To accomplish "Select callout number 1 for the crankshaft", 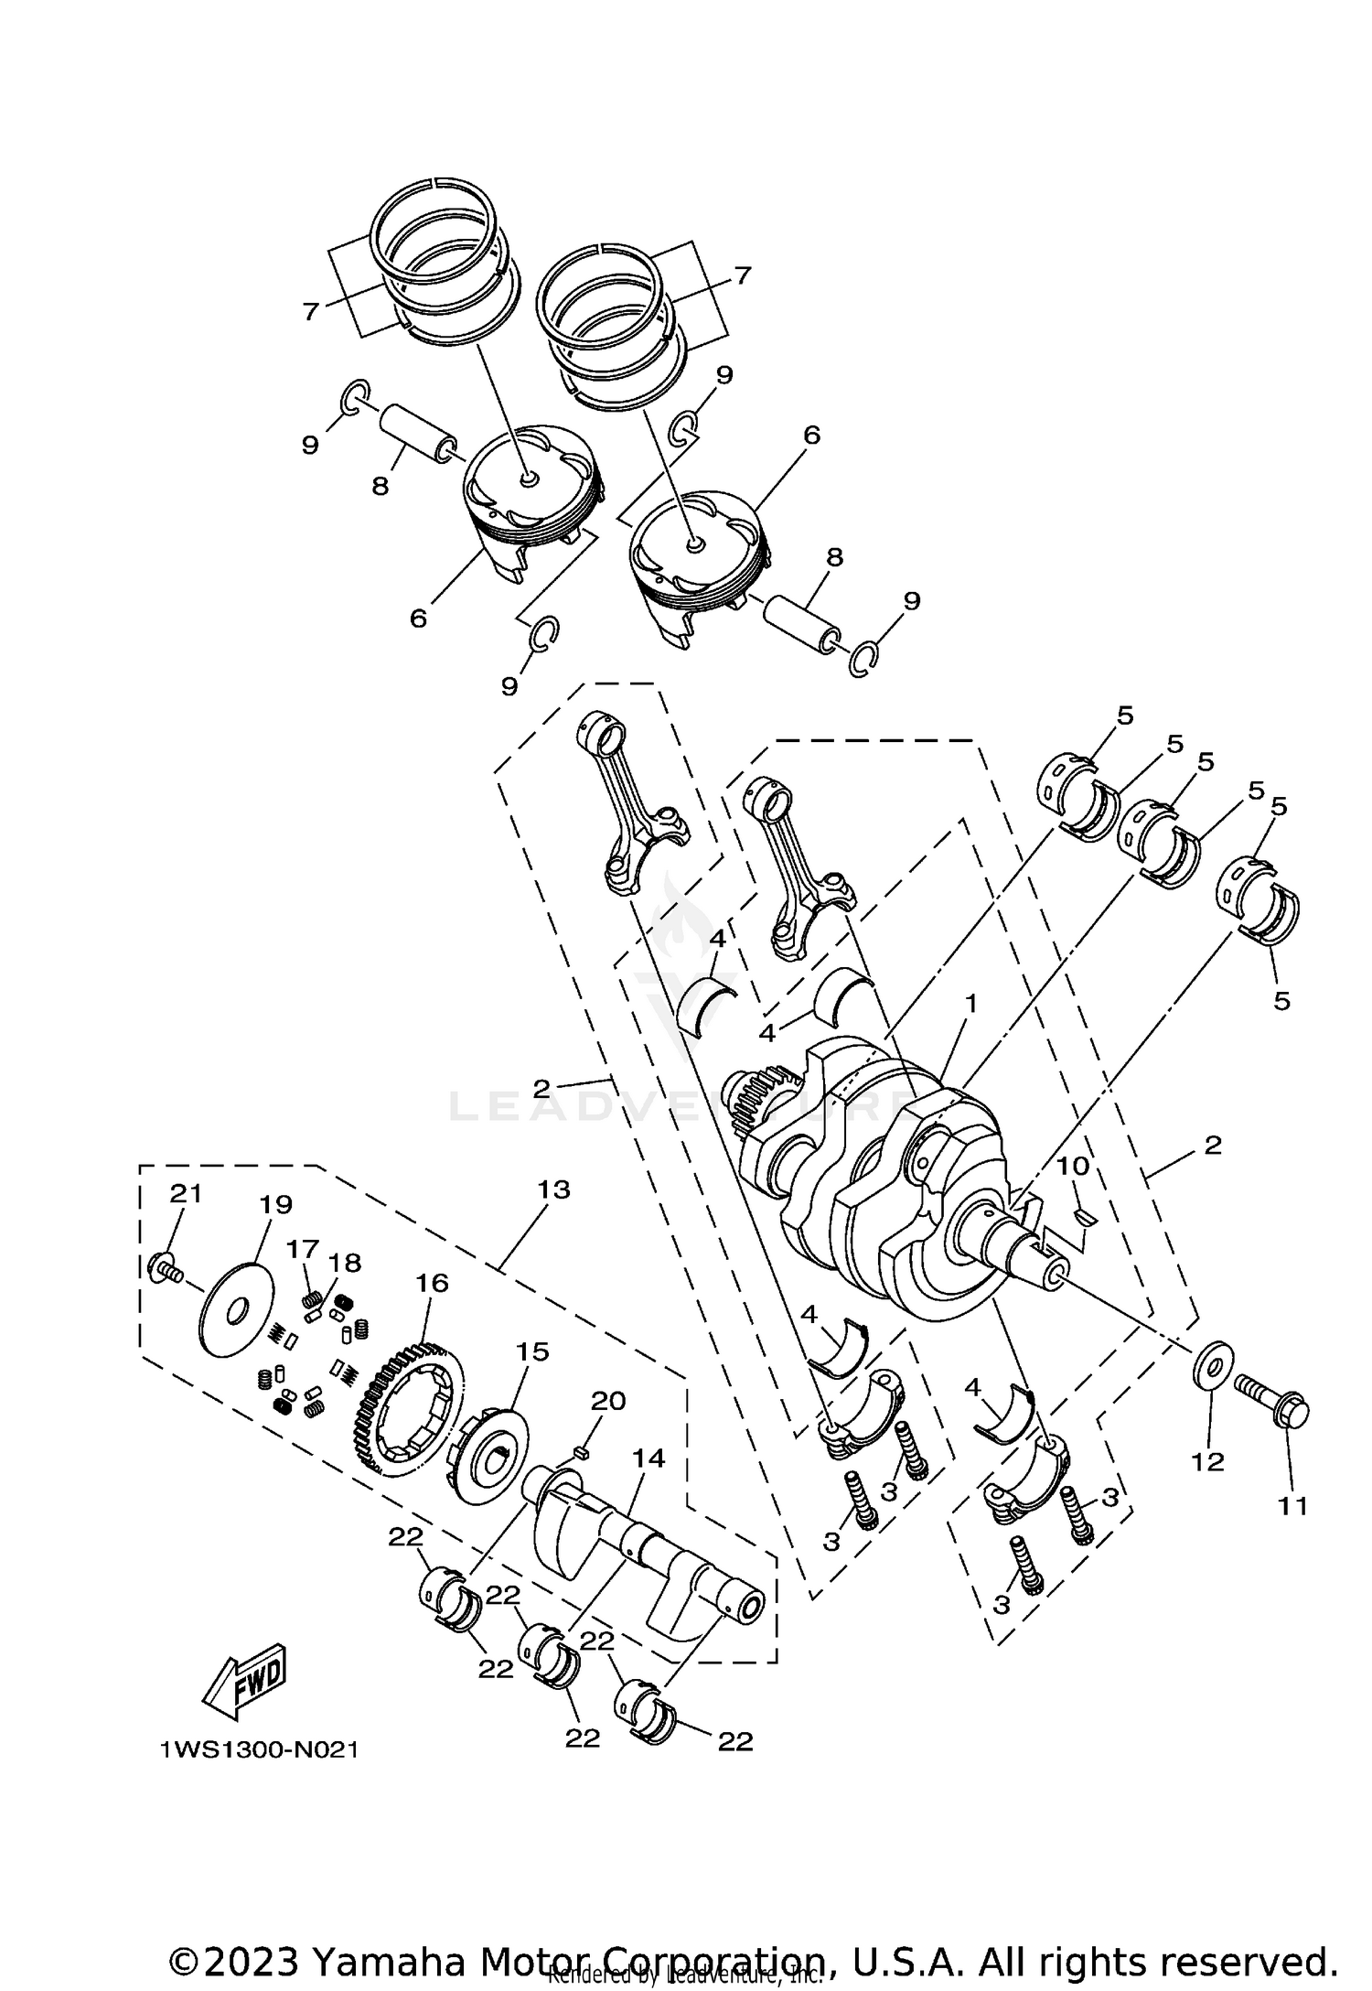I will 970,1004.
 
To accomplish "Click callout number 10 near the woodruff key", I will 1073,1166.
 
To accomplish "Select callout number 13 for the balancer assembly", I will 554,1189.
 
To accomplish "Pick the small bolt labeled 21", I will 162,1268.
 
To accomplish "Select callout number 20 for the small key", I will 607,1401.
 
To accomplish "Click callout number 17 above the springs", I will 303,1248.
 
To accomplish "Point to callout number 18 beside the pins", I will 346,1263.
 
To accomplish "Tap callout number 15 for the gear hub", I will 532,1351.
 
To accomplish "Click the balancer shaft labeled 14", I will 640,1546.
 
